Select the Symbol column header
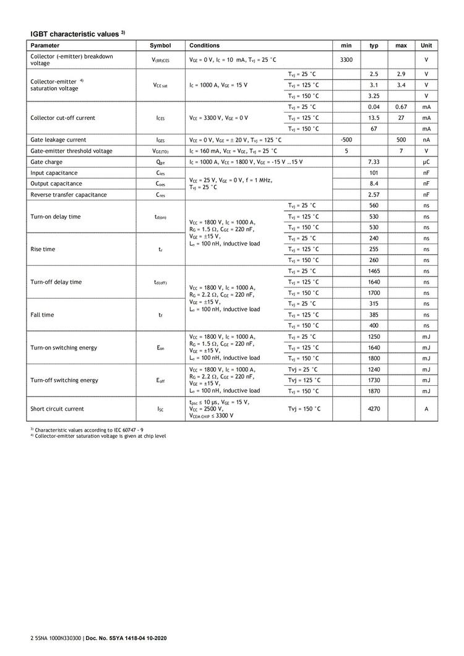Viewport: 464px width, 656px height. tap(160, 46)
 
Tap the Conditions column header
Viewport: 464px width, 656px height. tap(204, 46)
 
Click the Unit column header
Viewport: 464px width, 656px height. tap(426, 46)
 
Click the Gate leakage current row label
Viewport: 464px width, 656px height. tap(58, 140)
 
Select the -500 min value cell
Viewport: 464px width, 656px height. tap(346, 140)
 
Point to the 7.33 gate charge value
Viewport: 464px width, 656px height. tap(374, 162)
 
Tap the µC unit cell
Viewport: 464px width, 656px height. tap(426, 162)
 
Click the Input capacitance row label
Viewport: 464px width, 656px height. tap(54, 173)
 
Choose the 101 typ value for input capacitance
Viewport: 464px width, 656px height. tap(374, 173)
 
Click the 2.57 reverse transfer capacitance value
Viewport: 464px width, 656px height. tap(374, 195)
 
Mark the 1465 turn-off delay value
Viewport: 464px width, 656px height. tap(374, 271)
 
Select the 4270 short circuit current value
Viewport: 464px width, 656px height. tap(374, 409)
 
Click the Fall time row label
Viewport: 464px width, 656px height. tap(42, 315)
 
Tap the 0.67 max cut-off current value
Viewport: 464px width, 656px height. tap(401, 107)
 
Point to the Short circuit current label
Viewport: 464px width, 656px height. tap(57, 409)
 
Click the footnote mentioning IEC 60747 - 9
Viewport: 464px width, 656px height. tap(89, 429)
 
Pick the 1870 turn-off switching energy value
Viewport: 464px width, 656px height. tap(374, 391)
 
